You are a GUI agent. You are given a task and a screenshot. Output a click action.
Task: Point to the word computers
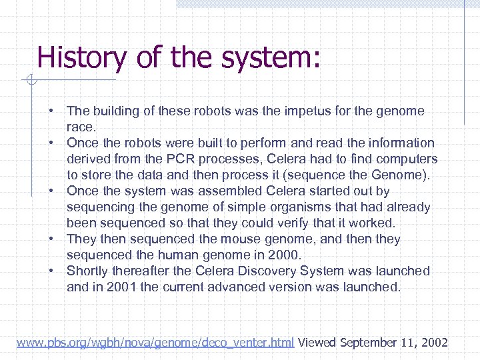coord(407,159)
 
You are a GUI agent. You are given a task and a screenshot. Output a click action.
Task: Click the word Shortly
coord(87,271)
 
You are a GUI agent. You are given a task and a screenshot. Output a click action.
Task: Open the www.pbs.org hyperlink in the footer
coord(155,343)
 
